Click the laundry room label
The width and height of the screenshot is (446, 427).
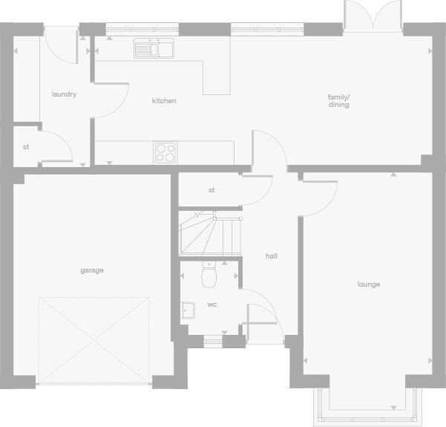tap(64, 94)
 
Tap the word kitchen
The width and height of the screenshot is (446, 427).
tap(164, 101)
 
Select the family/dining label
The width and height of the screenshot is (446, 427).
tap(338, 101)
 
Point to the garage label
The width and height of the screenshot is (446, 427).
tap(92, 270)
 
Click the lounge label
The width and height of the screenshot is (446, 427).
tap(368, 284)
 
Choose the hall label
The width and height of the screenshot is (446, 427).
tap(272, 256)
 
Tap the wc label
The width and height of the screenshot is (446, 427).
tap(212, 304)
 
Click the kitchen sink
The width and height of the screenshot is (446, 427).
tap(154, 49)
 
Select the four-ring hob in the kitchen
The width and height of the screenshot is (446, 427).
tap(166, 152)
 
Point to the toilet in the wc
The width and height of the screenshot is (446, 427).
tap(209, 276)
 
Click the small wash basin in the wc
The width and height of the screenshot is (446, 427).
tap(188, 310)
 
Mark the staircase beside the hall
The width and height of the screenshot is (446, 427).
tap(210, 234)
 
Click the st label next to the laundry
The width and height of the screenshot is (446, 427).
tap(26, 147)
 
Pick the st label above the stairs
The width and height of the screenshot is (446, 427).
tap(211, 190)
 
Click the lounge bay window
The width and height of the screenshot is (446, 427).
tap(364, 406)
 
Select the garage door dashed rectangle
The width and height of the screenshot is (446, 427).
tap(94, 340)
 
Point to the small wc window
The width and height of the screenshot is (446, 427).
tap(213, 342)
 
